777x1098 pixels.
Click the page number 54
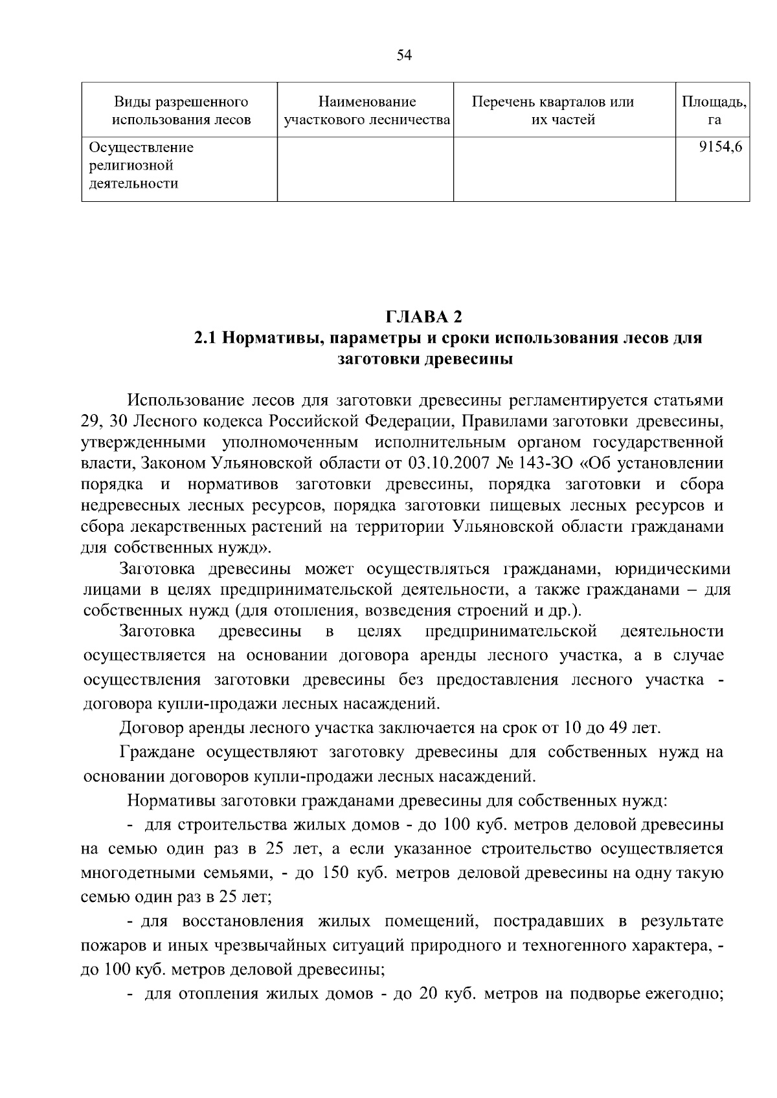tap(404, 56)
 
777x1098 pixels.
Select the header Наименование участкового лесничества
tap(366, 111)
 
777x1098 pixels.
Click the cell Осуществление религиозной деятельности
tap(141, 166)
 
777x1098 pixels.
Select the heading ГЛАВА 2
tap(425, 317)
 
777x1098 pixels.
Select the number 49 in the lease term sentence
tap(618, 728)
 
